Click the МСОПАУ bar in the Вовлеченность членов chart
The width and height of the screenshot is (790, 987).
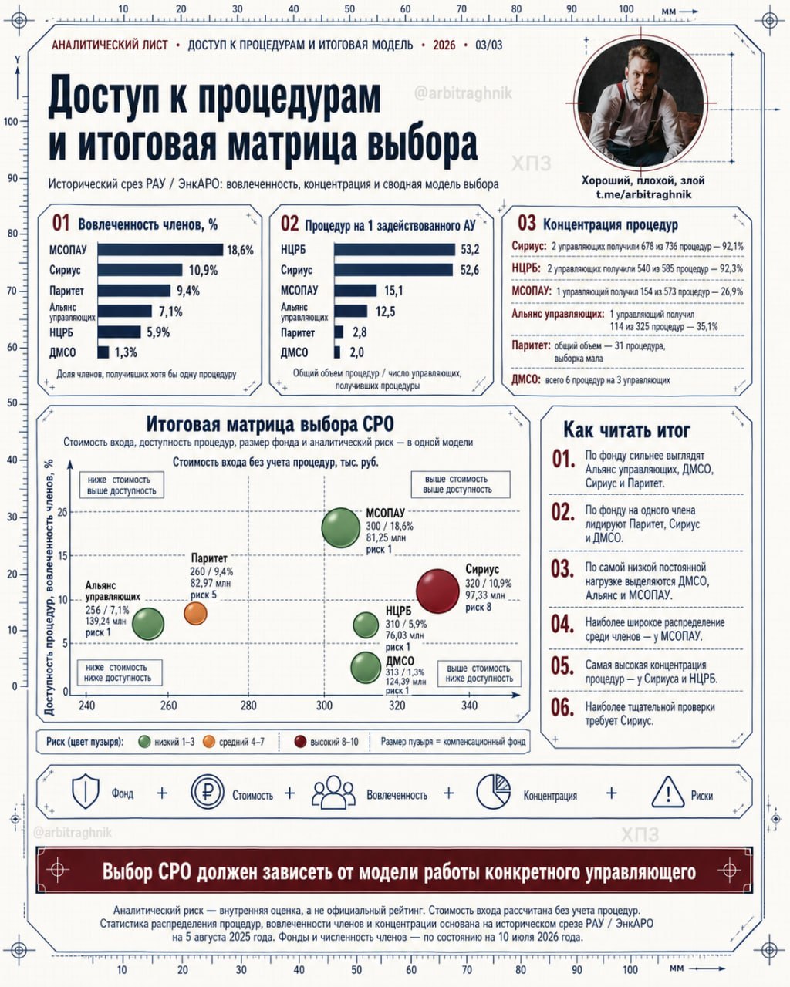click(x=160, y=250)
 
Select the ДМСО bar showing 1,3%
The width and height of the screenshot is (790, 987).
click(x=103, y=352)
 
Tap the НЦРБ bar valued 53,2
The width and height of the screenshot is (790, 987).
click(x=394, y=250)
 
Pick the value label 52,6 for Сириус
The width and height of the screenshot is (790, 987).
click(x=470, y=270)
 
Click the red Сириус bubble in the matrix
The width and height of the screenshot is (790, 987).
click(x=437, y=591)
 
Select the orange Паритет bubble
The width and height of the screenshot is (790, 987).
click(x=195, y=614)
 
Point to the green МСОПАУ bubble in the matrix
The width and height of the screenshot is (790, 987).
click(x=340, y=528)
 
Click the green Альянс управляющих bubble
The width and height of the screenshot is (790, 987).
click(x=148, y=625)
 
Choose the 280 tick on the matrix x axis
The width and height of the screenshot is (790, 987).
click(x=248, y=706)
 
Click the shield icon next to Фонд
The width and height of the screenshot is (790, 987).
click(x=86, y=791)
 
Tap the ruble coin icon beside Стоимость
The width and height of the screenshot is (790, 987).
click(x=208, y=792)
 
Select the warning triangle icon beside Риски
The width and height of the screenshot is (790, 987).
click(x=668, y=792)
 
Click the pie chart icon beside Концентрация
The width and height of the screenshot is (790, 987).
click(x=493, y=791)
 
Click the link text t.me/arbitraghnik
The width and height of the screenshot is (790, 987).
click(x=643, y=194)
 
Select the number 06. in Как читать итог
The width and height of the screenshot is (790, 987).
click(x=562, y=707)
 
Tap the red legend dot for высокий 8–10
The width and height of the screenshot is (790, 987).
click(x=300, y=742)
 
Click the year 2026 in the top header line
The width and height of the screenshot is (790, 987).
click(x=444, y=45)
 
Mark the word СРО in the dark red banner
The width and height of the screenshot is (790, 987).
click(x=175, y=871)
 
